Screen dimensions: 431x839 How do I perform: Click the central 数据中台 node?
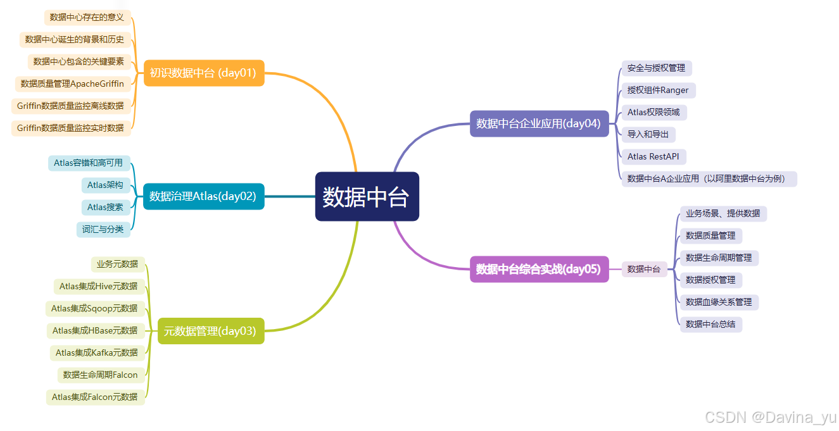tap(367, 197)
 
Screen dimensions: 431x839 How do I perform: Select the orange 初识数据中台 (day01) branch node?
tap(203, 73)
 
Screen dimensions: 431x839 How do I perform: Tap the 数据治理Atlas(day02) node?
tap(203, 196)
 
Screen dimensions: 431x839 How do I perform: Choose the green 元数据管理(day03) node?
tap(210, 331)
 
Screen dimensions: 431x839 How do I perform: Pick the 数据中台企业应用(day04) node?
tap(539, 123)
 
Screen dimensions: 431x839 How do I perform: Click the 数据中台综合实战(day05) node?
tap(539, 269)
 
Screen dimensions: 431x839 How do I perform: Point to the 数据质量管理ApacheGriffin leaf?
tap(72, 84)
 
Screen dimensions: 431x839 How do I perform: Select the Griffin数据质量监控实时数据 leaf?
tap(70, 128)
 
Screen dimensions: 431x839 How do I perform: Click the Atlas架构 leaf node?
tap(105, 185)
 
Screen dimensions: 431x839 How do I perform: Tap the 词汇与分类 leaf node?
tap(103, 229)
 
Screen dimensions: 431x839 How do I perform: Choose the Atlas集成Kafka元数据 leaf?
tap(97, 353)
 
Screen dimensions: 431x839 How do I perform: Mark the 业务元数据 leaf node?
tap(117, 264)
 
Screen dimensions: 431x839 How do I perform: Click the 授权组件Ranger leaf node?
tap(658, 90)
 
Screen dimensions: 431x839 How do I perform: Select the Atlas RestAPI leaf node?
tap(653, 156)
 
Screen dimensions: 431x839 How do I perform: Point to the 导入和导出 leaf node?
tap(648, 134)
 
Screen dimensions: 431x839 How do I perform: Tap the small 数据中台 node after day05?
tap(644, 269)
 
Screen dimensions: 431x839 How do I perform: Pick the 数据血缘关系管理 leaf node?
tap(719, 302)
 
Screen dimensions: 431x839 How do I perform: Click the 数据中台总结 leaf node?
tap(710, 324)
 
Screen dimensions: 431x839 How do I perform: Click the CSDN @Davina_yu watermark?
tap(770, 417)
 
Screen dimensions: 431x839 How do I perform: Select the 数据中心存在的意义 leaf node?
tap(87, 17)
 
